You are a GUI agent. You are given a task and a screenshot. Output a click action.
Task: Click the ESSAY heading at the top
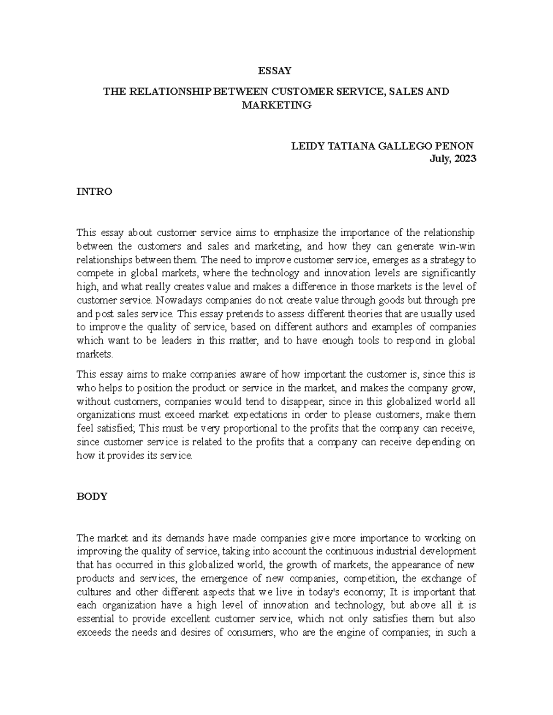pos(275,71)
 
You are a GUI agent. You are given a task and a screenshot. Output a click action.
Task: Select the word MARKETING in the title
pos(276,105)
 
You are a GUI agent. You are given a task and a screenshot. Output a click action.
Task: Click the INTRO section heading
pos(94,192)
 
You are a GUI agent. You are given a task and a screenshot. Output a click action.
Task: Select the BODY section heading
pos(92,496)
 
